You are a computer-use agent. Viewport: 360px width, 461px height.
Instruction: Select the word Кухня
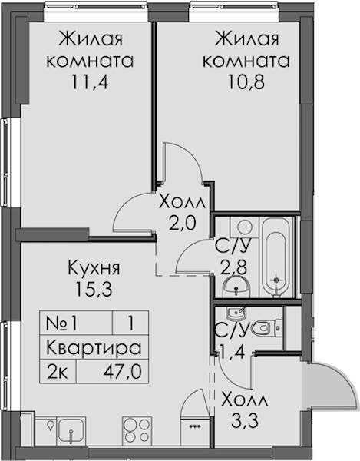(94, 269)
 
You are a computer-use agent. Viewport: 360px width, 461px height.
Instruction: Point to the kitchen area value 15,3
(94, 289)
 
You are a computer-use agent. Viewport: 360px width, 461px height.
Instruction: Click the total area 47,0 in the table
(123, 371)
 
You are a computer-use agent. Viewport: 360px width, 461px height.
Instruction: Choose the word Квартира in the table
(94, 348)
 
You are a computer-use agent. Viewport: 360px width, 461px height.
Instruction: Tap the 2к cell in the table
(58, 372)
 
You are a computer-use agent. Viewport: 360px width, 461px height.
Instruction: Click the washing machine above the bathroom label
(244, 227)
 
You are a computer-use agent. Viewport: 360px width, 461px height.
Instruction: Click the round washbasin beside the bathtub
(236, 287)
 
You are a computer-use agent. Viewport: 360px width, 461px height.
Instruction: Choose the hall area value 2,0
(182, 224)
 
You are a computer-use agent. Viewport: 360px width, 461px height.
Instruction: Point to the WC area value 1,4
(233, 352)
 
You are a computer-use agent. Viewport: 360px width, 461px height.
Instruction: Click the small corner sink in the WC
(235, 313)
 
